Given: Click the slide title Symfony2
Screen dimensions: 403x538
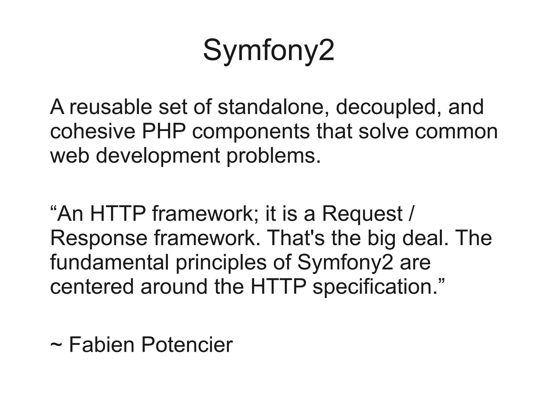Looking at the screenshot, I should click(x=268, y=50).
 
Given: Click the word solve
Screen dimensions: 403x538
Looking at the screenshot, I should click(x=383, y=131).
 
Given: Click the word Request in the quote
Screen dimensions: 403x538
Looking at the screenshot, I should click(x=362, y=214).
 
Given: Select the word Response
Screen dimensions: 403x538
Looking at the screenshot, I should click(x=99, y=238).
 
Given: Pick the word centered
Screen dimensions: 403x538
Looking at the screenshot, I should click(x=92, y=287).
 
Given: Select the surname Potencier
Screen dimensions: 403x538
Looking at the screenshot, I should click(x=187, y=345).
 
